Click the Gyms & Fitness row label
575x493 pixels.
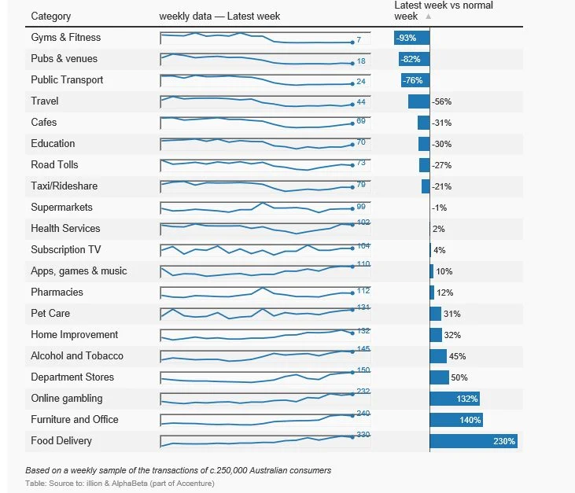pyautogui.click(x=65, y=38)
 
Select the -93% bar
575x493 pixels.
pyautogui.click(x=411, y=38)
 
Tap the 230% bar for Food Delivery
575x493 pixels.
pyautogui.click(x=473, y=441)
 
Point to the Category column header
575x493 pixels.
pyautogui.click(x=50, y=17)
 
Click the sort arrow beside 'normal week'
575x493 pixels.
pyautogui.click(x=428, y=17)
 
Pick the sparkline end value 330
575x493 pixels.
pyautogui.click(x=363, y=435)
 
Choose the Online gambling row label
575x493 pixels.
pyautogui.click(x=66, y=399)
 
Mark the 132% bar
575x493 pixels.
pyautogui.click(x=455, y=399)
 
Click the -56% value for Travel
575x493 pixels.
pyautogui.click(x=441, y=102)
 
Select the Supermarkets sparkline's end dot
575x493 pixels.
pyautogui.click(x=352, y=208)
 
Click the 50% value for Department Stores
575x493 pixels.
pyautogui.click(x=459, y=378)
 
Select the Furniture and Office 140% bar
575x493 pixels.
pyautogui.click(x=456, y=420)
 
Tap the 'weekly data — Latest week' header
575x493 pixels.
pyautogui.click(x=219, y=17)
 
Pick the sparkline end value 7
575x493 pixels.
pyautogui.click(x=358, y=40)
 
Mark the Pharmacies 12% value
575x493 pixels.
pyautogui.click(x=444, y=292)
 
